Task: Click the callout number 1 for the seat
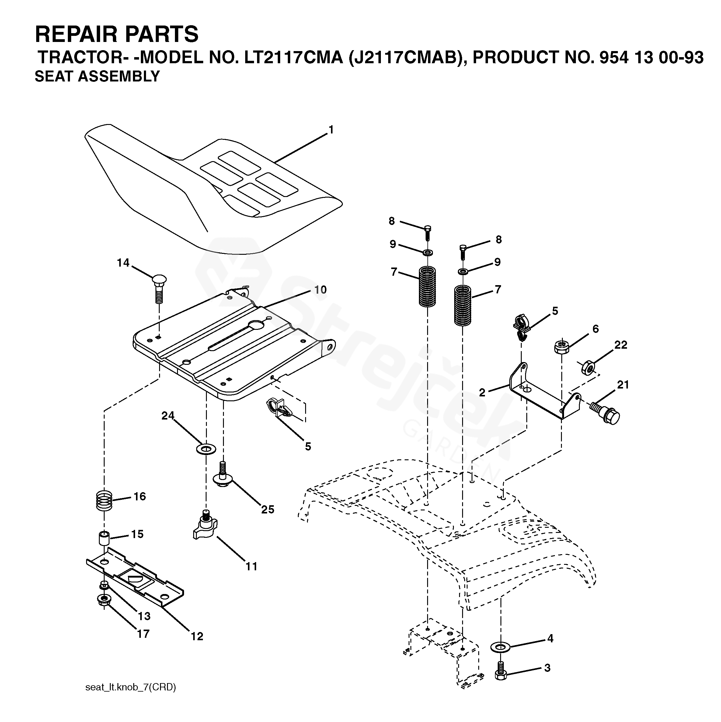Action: click(x=331, y=130)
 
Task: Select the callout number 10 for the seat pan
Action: click(x=320, y=290)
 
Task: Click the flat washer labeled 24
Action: click(x=206, y=448)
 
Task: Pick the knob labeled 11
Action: click(x=205, y=525)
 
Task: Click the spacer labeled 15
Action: click(x=104, y=538)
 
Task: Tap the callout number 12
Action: click(x=197, y=636)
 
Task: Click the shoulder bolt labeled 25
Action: click(x=223, y=474)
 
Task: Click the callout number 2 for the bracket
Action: click(x=482, y=392)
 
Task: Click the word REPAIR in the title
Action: click(x=77, y=34)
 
